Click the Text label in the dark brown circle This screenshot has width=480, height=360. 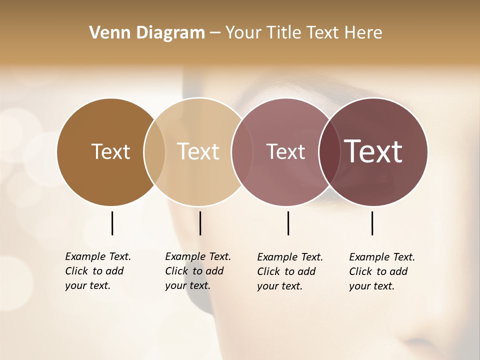[110, 151]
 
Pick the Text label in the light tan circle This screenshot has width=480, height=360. [198, 151]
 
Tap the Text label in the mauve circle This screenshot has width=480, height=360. [285, 151]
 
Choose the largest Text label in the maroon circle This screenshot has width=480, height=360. [373, 151]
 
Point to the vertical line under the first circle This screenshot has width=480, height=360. [112, 223]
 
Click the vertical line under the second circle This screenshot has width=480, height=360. [200, 223]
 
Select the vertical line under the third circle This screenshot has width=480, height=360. [288, 223]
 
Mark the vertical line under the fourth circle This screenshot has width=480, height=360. [372, 223]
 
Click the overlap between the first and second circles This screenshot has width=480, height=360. [154, 152]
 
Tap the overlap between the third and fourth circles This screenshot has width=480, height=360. [329, 152]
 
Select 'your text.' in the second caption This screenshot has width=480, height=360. [187, 285]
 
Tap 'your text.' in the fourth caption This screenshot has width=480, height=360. [371, 286]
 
